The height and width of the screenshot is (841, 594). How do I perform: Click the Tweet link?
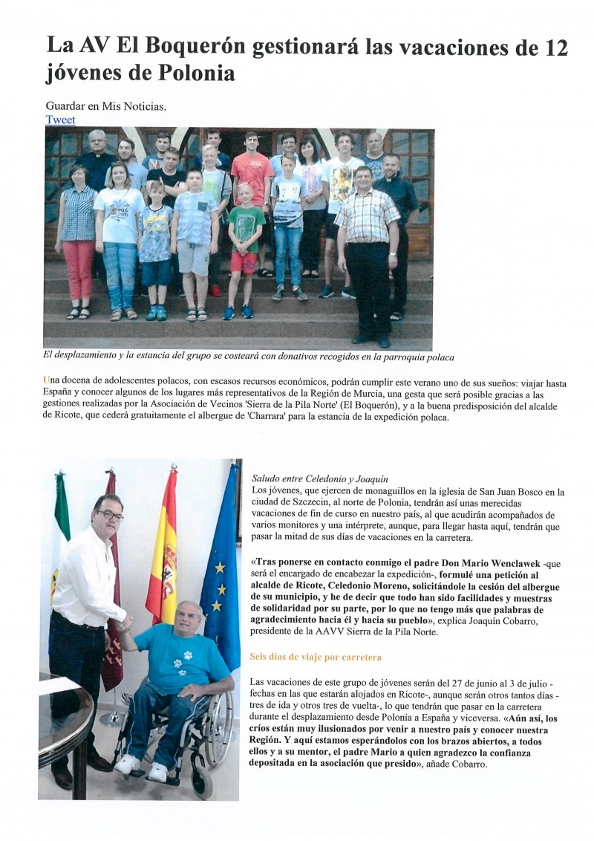pyautogui.click(x=60, y=120)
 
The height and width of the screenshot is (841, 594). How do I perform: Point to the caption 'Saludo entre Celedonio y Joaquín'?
pyautogui.click(x=320, y=478)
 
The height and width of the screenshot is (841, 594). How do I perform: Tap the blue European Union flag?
pyautogui.click(x=222, y=565)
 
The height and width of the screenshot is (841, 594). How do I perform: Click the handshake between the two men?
pyautogui.click(x=125, y=623)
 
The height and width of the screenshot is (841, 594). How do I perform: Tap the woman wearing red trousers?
pyautogui.click(x=79, y=238)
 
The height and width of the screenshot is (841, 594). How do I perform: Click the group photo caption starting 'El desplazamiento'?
pyautogui.click(x=249, y=356)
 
